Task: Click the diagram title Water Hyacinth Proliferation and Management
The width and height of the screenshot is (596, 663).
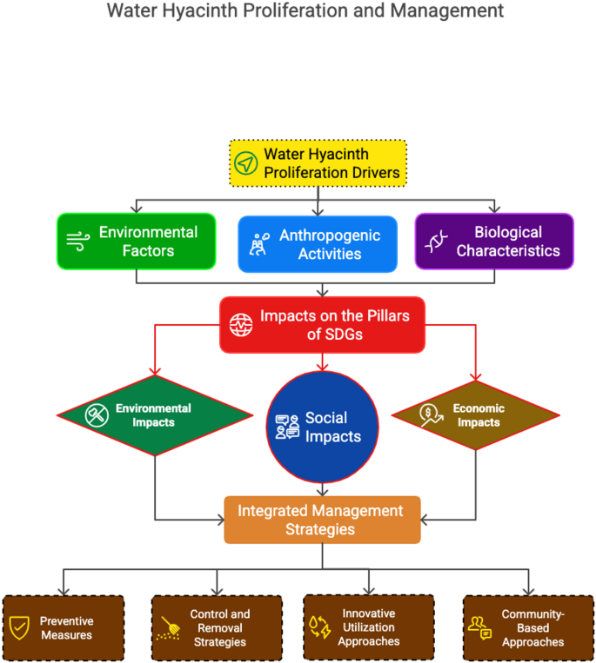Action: [305, 11]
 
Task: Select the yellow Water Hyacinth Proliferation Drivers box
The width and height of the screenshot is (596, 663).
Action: [318, 163]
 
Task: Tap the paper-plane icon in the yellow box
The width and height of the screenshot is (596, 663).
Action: [246, 163]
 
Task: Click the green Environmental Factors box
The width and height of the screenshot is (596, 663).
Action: [136, 242]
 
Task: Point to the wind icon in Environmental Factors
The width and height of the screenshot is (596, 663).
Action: [77, 242]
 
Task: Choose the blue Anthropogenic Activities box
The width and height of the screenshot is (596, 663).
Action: [318, 244]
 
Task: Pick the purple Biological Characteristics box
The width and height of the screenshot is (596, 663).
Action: [493, 242]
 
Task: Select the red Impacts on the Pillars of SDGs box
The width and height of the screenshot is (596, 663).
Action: [322, 324]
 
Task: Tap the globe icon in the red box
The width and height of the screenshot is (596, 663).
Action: [240, 324]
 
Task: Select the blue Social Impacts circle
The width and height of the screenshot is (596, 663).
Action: [322, 427]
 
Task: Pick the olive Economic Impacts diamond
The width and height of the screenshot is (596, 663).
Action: [474, 415]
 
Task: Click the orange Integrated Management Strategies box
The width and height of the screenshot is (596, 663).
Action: [322, 519]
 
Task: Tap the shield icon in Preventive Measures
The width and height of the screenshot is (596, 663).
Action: [18, 627]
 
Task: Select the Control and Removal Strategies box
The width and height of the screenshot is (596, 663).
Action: [217, 627]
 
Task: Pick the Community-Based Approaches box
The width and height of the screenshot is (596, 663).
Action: [528, 627]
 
